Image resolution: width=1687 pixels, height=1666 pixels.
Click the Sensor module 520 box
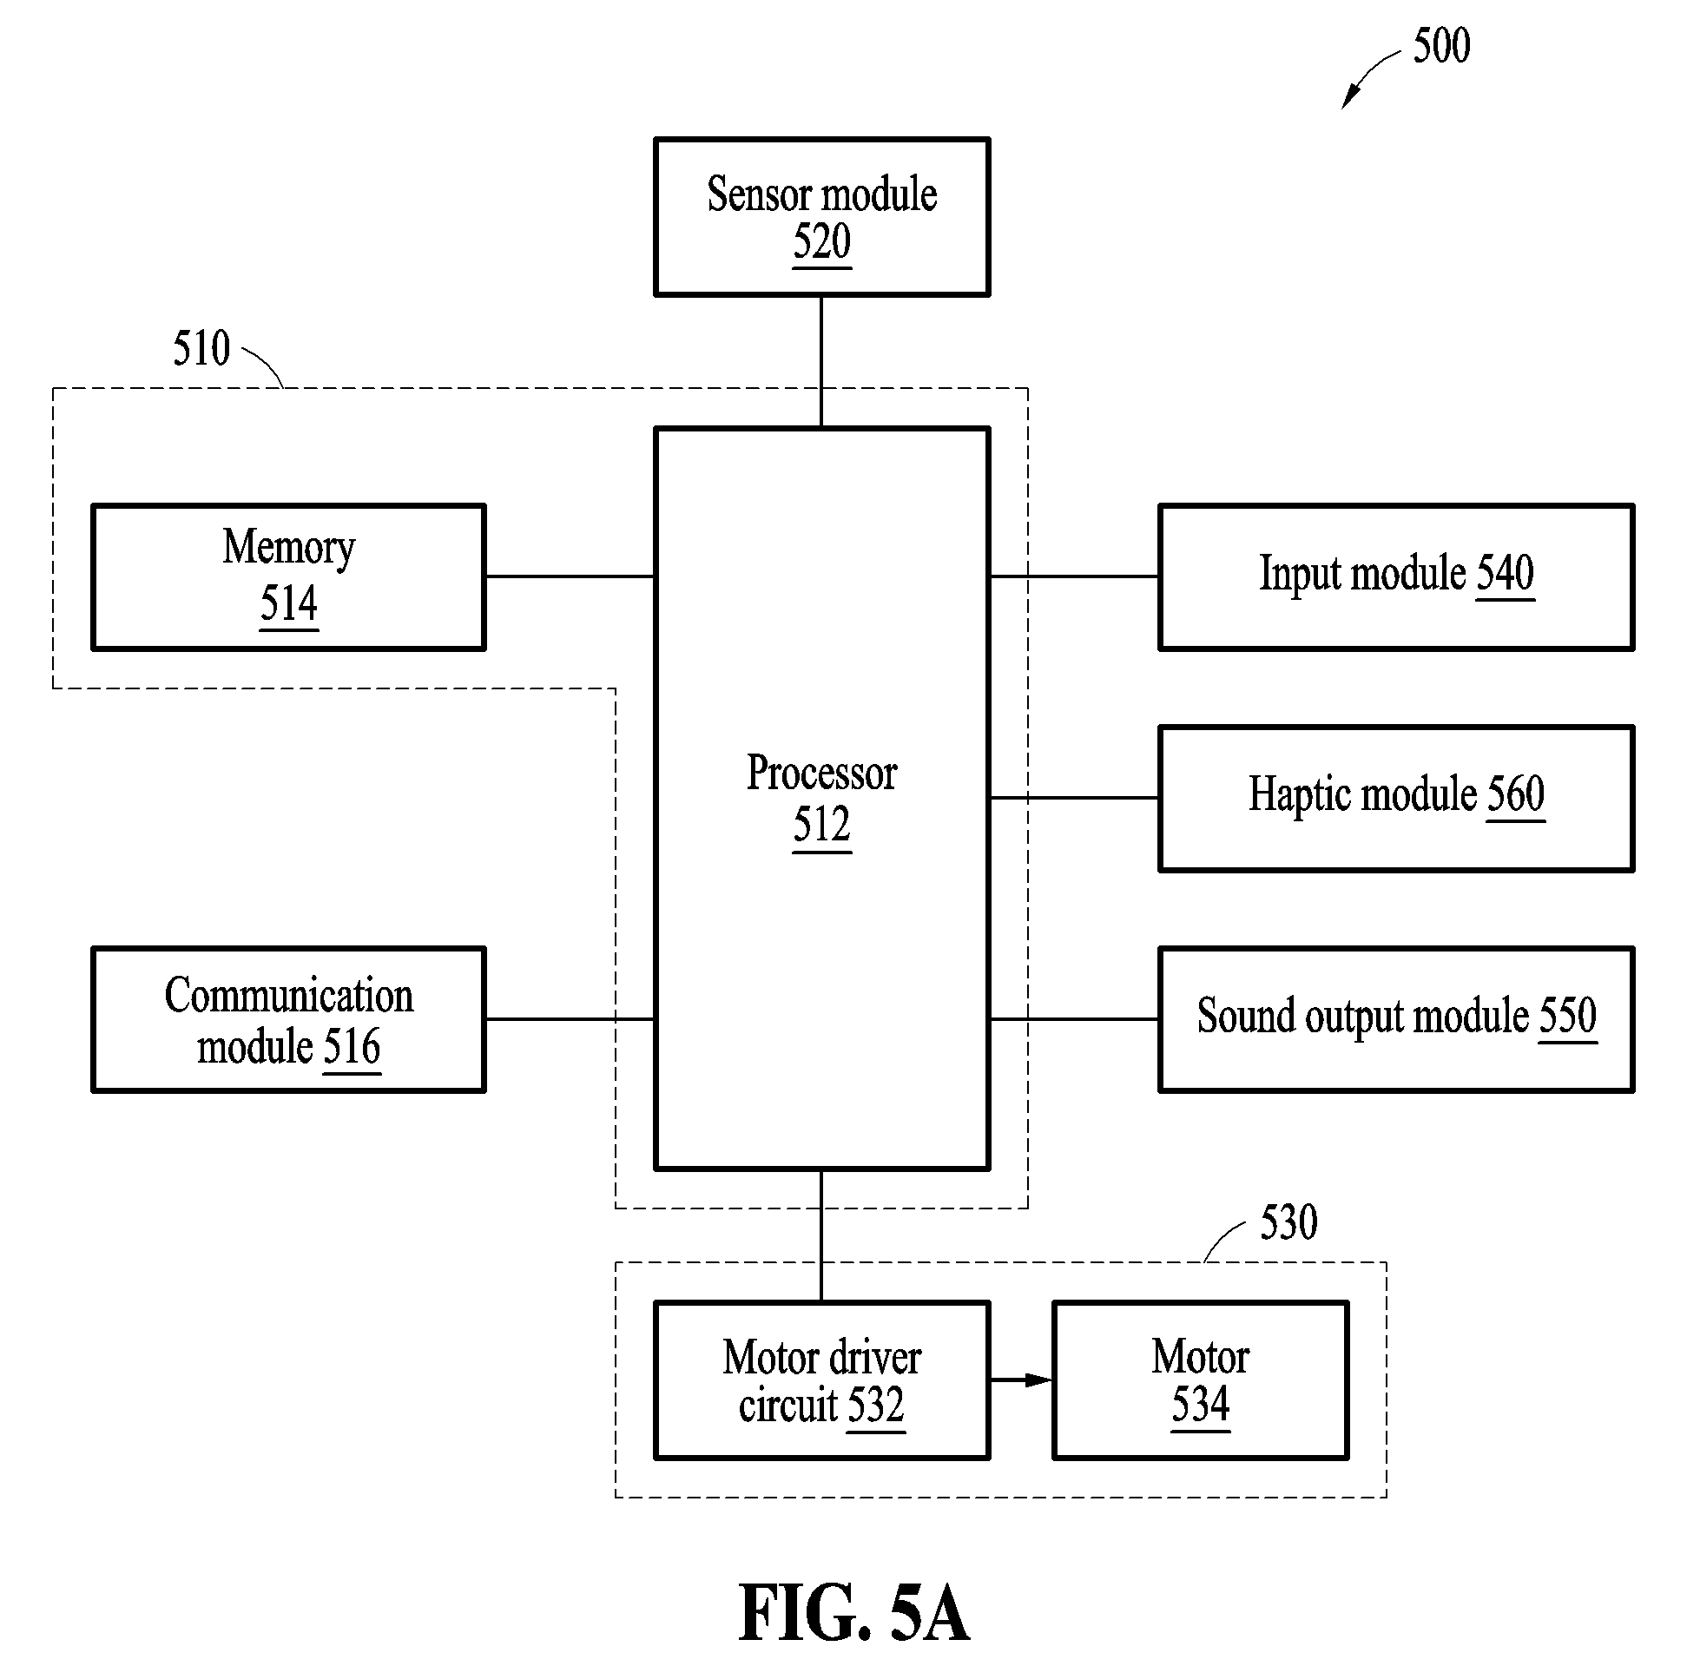coord(821,216)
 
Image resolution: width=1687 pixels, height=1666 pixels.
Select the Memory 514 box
coord(288,577)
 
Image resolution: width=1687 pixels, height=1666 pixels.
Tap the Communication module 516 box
coord(288,1020)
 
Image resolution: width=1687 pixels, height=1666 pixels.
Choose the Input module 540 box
coord(1396,577)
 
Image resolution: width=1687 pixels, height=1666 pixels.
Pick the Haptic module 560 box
coord(1396,798)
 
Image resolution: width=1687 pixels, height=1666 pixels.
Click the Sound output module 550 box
coord(1396,1020)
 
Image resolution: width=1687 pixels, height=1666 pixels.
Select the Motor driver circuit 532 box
coord(821,1380)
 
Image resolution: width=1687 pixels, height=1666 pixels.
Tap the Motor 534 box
coord(1201,1380)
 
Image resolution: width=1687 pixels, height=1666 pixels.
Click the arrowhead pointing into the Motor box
coord(1039,1380)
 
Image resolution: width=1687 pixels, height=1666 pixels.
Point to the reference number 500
coord(1441,45)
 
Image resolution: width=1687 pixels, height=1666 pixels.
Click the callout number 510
coord(201,348)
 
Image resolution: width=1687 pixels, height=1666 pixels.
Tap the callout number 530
coord(1288,1222)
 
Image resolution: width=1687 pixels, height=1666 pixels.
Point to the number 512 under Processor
coord(821,824)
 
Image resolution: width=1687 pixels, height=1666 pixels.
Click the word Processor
coord(821,773)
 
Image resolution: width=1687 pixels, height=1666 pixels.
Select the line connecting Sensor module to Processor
coord(820,361)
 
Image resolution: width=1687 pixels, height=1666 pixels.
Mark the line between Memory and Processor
coord(570,576)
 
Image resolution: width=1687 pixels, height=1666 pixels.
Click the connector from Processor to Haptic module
coord(1074,797)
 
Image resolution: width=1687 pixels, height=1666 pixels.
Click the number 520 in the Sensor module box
coord(821,242)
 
